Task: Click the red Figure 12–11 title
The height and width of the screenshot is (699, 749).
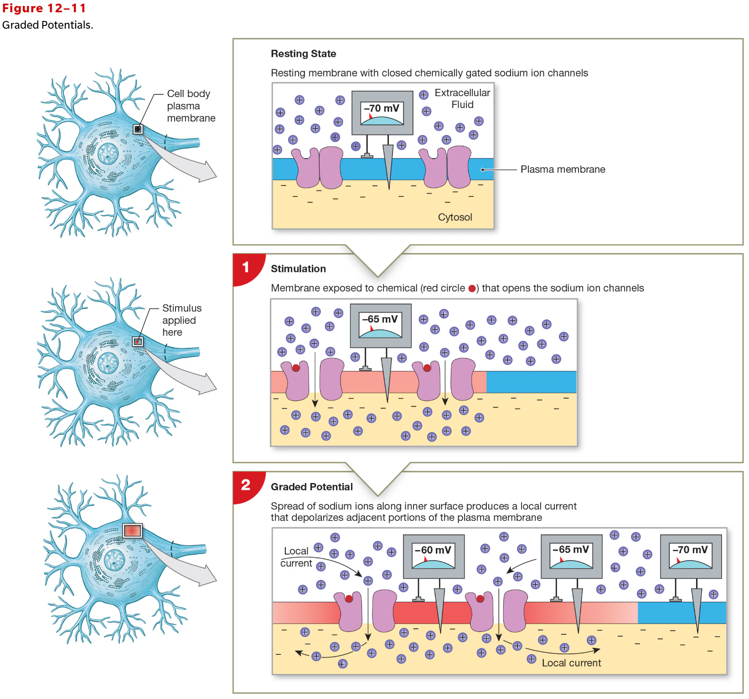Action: click(x=44, y=8)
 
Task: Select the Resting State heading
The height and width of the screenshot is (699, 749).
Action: click(x=303, y=54)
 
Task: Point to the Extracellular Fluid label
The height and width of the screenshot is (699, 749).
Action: click(x=462, y=98)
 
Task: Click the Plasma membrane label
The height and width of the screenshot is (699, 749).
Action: click(x=563, y=170)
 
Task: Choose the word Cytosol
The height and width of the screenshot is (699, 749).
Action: click(x=455, y=217)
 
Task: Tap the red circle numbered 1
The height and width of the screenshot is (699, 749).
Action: click(x=246, y=267)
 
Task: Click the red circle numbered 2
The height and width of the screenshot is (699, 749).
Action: click(x=246, y=485)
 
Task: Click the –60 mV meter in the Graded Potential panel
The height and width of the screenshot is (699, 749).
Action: click(x=433, y=556)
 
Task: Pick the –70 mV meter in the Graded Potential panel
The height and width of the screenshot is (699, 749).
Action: click(x=690, y=556)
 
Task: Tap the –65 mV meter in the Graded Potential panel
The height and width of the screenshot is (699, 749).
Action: click(x=571, y=556)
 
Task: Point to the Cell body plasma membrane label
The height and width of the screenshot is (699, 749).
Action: click(x=191, y=106)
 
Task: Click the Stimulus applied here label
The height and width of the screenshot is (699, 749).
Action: click(x=181, y=320)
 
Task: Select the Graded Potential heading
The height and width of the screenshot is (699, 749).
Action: click(x=311, y=487)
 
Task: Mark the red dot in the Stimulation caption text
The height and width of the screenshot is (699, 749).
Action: click(x=472, y=288)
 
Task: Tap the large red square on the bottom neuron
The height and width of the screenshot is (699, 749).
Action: click(x=133, y=530)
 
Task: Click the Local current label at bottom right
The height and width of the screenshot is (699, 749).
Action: click(x=571, y=663)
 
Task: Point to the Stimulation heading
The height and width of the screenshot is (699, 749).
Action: click(x=298, y=269)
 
